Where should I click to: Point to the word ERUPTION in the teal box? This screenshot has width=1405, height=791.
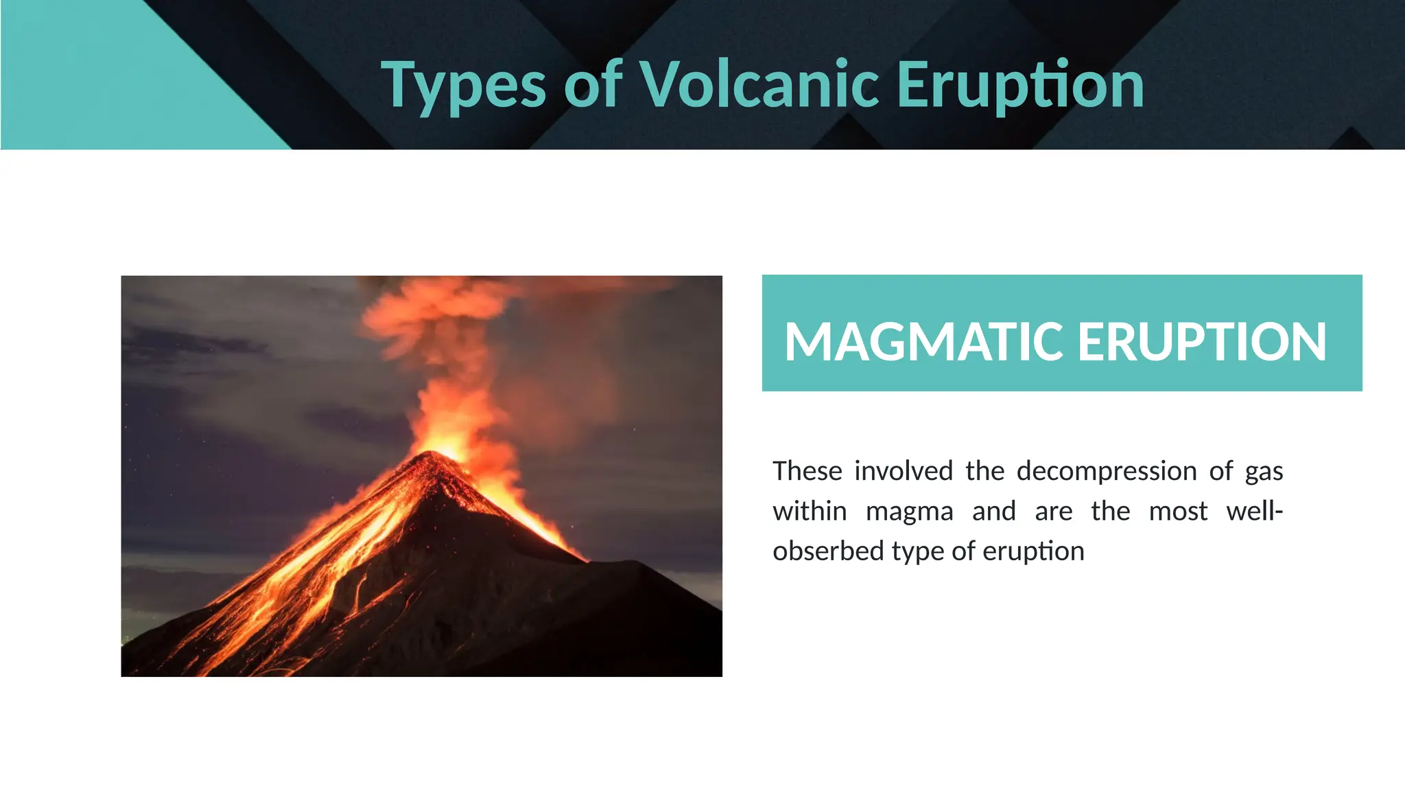tap(1202, 341)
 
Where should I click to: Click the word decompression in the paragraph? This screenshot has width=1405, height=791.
tap(1107, 471)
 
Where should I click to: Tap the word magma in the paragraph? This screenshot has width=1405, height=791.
tap(909, 512)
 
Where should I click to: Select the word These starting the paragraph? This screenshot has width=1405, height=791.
tap(807, 471)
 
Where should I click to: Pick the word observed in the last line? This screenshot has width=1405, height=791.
tap(828, 551)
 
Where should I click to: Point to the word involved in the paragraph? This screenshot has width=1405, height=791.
tap(903, 471)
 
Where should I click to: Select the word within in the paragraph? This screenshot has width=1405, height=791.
tap(810, 512)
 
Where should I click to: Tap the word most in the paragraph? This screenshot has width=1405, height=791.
tap(1178, 512)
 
